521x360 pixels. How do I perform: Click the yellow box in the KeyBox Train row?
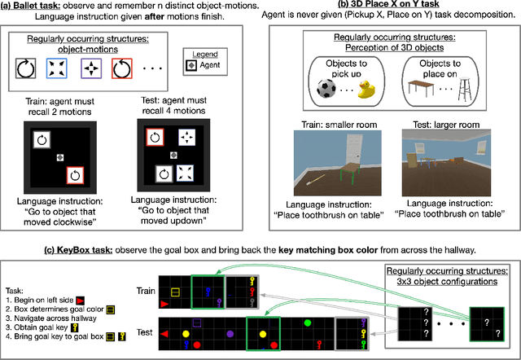coord(175,290)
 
